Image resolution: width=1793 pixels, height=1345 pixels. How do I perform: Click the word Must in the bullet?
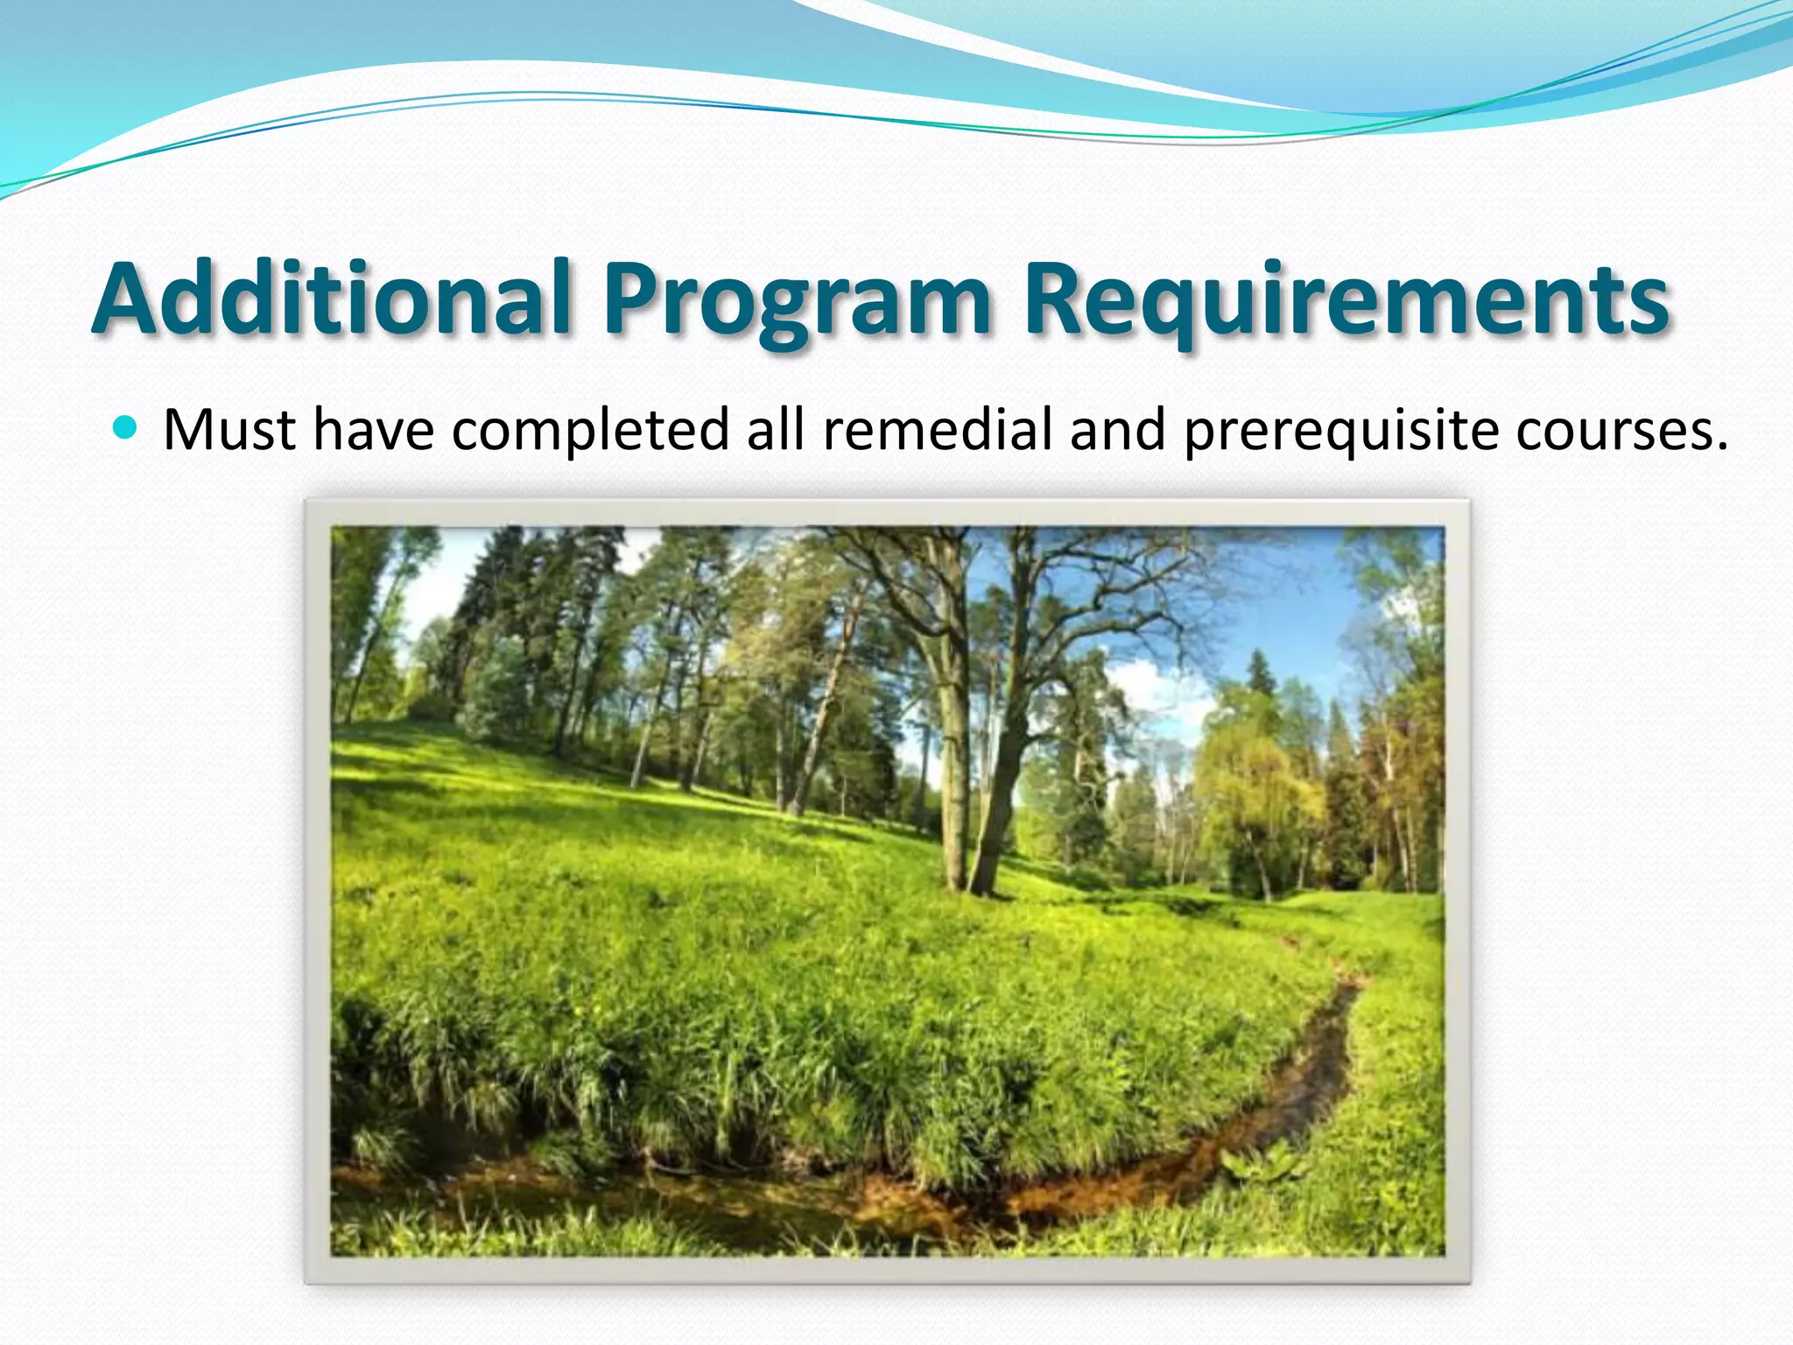point(229,430)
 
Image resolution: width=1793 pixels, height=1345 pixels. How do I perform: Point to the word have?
point(374,430)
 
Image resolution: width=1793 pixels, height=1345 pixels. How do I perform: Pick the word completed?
point(590,432)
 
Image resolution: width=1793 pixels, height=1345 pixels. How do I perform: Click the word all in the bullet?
point(775,430)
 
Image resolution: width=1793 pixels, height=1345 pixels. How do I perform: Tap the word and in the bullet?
point(1118,430)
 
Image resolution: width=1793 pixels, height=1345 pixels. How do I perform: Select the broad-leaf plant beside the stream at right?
point(1261,1165)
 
